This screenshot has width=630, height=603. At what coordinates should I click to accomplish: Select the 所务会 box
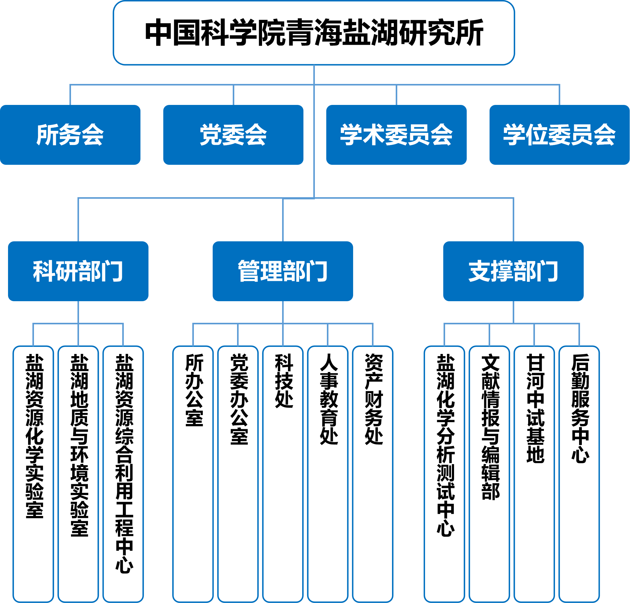pos(70,135)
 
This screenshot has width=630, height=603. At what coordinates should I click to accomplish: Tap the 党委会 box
pos(233,135)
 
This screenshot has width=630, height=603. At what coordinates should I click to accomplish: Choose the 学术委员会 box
pos(396,135)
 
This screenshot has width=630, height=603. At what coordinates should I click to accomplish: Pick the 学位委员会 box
pos(559,135)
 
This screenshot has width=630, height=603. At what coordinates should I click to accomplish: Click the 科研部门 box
pos(78,271)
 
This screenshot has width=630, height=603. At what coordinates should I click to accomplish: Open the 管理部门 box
pos(283,271)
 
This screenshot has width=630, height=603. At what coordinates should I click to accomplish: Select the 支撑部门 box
pos(513,271)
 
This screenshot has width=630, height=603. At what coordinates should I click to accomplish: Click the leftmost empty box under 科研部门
pos(33,472)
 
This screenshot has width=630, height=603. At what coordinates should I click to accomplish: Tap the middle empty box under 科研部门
pos(78,472)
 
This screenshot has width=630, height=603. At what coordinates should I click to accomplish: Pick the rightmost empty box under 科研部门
pos(123,472)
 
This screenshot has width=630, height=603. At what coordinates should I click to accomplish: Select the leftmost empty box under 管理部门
pos(193,472)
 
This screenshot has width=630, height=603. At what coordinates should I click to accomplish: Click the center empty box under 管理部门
pos(283,472)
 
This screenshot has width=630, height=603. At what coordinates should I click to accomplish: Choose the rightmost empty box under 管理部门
pos(373,472)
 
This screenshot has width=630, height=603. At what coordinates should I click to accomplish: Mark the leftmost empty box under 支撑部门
pos(444,472)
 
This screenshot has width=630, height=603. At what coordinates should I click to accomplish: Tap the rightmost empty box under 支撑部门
pos(579,472)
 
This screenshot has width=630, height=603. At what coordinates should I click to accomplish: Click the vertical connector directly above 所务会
pos(70,95)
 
